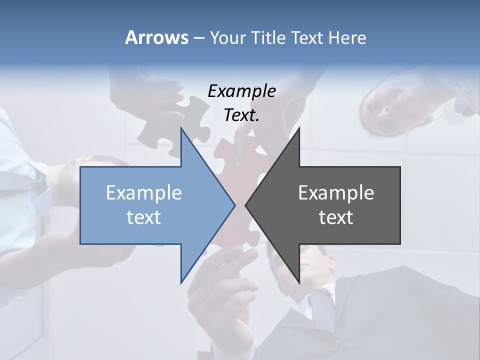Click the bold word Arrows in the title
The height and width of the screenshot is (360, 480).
[157, 37]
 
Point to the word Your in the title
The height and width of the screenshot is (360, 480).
[227, 37]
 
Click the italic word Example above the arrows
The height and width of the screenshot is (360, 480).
[241, 91]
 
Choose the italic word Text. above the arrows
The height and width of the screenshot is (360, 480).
[241, 115]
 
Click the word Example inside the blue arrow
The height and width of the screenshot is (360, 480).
[143, 192]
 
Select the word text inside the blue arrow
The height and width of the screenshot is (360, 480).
[143, 217]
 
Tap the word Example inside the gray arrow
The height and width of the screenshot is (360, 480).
[336, 192]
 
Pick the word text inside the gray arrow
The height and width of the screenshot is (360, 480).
[336, 217]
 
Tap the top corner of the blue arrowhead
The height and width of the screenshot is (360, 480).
[181, 128]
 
